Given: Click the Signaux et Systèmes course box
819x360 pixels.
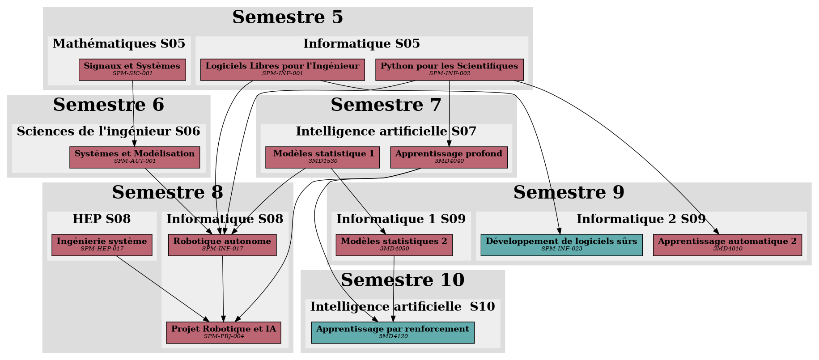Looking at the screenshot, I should [132, 70].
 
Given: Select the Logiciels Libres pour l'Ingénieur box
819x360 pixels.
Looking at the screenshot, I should [282, 70].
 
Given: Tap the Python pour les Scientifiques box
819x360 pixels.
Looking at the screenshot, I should [449, 70].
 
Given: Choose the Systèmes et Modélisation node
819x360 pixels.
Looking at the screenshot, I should [135, 157].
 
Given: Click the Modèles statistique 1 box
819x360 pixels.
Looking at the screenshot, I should [323, 157].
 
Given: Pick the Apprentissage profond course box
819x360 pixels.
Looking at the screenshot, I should [449, 157].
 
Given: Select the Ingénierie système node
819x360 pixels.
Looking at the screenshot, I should [102, 245].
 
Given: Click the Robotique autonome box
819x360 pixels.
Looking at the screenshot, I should [222, 245].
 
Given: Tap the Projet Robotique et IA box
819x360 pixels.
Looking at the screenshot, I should [224, 333].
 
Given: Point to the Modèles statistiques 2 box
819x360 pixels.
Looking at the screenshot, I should [394, 245].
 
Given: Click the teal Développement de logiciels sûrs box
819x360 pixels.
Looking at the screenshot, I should [561, 245].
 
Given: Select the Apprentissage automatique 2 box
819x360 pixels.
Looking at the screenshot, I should [727, 245].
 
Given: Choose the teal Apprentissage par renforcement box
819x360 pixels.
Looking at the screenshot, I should [393, 333].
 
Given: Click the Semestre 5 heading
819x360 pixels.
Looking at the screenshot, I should [288, 17].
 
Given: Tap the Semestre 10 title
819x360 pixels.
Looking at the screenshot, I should [403, 280].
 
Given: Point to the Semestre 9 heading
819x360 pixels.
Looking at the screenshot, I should [569, 193].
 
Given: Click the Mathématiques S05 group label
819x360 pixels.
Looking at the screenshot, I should [119, 44].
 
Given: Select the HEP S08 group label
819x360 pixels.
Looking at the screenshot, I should [102, 219].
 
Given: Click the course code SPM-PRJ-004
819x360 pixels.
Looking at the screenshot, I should [224, 336].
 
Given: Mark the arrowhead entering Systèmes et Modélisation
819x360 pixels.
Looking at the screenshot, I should [134, 144].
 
